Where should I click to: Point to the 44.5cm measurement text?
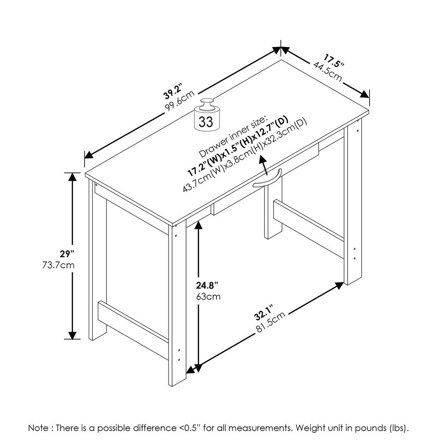(x=328, y=70)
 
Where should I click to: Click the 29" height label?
(x=67, y=254)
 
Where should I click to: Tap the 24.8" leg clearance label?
(x=207, y=285)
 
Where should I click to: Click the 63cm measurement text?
(x=208, y=297)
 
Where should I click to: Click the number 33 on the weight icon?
(x=205, y=121)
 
